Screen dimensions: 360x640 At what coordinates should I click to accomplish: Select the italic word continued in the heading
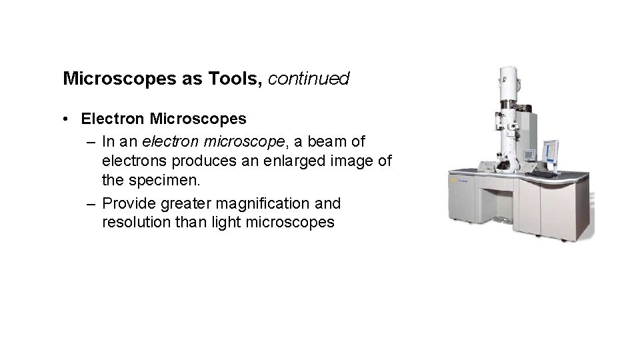(x=309, y=79)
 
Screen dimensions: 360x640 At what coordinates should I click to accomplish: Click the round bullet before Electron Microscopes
(x=68, y=119)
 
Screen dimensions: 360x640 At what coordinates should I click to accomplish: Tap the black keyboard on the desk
(x=544, y=174)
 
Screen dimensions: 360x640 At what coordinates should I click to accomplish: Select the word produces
(x=195, y=162)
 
